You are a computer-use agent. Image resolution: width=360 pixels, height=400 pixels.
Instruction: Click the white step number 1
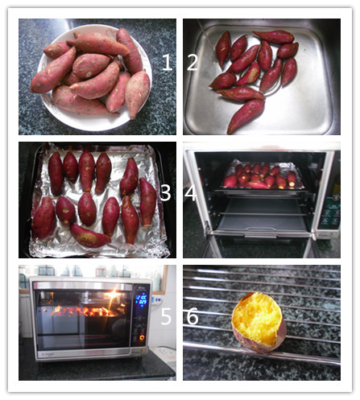pos(167,62)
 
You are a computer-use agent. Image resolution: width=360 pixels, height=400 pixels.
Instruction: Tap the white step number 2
pos(192,62)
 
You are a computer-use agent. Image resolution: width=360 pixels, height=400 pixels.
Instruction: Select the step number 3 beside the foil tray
pos(165,192)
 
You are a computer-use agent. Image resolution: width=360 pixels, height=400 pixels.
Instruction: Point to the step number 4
pos(190,192)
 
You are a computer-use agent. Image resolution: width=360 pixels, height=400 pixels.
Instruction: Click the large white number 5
pos(166,316)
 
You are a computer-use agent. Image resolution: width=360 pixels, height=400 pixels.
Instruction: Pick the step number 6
pos(192,316)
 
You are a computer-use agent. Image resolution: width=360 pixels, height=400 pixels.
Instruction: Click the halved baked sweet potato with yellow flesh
pos(259,322)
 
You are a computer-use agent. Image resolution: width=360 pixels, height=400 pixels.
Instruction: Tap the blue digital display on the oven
pos(141,300)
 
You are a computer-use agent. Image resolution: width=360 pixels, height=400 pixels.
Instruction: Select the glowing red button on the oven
pos(142,337)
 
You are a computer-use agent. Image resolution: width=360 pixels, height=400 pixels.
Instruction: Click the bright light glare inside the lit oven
pos(113,295)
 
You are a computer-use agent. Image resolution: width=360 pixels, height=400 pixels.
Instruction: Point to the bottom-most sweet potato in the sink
pos(246,116)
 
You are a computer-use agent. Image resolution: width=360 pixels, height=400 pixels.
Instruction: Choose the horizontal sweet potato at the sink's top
pos(274,37)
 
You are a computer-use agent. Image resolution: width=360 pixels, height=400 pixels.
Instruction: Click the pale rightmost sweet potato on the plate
pos(138,94)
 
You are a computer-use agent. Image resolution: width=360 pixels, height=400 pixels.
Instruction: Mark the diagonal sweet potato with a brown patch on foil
pos(90,237)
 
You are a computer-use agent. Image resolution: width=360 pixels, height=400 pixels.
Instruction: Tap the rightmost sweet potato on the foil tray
pos(147,202)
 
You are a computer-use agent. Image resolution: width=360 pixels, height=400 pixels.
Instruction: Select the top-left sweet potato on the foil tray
pos(56,174)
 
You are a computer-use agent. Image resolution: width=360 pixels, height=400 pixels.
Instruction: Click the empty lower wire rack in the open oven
pos(263,214)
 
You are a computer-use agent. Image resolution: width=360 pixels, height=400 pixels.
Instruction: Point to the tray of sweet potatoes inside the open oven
pos(262,175)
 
